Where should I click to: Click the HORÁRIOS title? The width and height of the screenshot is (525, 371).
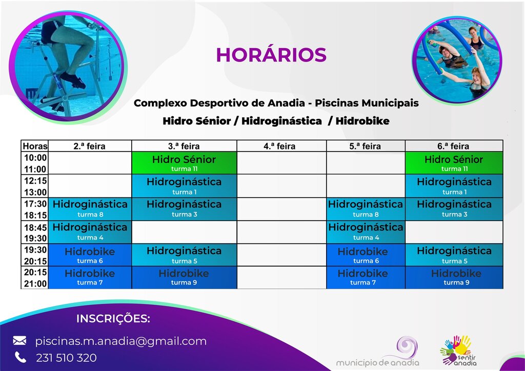(x=271, y=55)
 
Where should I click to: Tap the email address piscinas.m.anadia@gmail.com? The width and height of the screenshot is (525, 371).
(x=120, y=341)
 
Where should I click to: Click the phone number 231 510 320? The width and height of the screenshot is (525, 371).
(x=66, y=358)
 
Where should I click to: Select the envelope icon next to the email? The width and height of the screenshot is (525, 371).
(x=19, y=341)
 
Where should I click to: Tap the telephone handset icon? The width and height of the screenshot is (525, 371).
(x=20, y=357)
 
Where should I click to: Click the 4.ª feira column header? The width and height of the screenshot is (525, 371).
(x=279, y=146)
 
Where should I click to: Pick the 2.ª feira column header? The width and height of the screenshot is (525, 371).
(x=89, y=146)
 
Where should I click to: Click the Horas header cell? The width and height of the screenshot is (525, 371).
(x=35, y=146)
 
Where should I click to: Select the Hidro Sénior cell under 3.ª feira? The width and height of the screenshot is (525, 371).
(x=184, y=163)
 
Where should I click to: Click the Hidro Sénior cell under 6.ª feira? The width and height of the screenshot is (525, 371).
(x=453, y=163)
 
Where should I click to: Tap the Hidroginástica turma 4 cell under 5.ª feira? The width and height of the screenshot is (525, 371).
(x=366, y=232)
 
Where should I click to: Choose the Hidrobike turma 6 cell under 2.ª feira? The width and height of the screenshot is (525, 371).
(x=90, y=255)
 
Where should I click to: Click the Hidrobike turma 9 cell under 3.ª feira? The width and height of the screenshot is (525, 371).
(x=184, y=277)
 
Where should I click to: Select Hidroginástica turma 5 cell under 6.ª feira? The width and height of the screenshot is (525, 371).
(x=453, y=255)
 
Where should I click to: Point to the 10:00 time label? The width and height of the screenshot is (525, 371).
(x=35, y=158)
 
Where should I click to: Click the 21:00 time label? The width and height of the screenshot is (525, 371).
(x=35, y=283)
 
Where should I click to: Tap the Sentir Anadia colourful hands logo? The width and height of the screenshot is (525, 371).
(x=455, y=349)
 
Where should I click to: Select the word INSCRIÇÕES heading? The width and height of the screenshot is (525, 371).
(x=113, y=319)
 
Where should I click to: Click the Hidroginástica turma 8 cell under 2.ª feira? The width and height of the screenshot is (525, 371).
(x=90, y=209)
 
